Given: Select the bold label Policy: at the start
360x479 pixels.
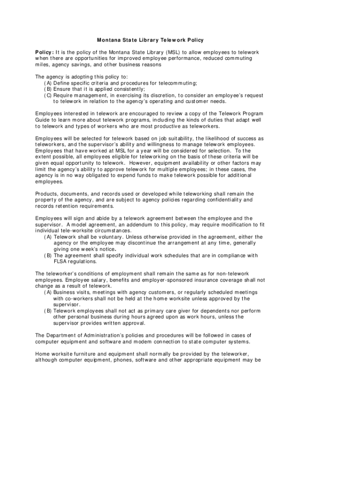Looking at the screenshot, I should pos(44,52).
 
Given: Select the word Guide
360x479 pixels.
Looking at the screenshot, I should pos(43,120).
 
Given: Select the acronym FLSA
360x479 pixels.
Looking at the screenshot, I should pos(61,261).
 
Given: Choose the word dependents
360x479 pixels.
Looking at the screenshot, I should pos(232,311).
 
